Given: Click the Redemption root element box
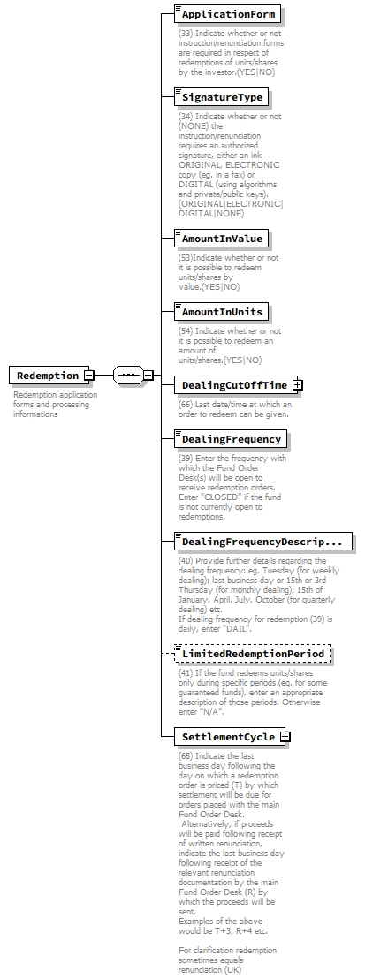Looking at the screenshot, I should (x=49, y=376).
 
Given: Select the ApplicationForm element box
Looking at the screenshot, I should (x=228, y=14).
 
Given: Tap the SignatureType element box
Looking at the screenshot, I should (x=221, y=97).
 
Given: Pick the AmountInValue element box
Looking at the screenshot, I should (x=221, y=239).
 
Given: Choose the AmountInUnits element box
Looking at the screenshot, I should (x=221, y=312).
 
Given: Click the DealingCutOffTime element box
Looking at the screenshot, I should (x=233, y=385).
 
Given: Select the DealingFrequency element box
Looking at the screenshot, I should (x=231, y=439).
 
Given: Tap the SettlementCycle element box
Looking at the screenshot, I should (x=227, y=736).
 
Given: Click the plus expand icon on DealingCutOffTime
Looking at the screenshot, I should (x=298, y=385).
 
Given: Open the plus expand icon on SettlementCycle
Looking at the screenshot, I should (x=285, y=736).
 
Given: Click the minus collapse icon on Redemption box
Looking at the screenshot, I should (x=89, y=376).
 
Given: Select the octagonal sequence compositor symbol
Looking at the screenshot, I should (x=128, y=375).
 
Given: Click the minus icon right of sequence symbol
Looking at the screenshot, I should (x=148, y=375).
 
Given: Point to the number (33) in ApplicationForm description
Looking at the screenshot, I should (x=186, y=33).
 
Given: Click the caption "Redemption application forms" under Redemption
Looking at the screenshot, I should (x=55, y=395).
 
